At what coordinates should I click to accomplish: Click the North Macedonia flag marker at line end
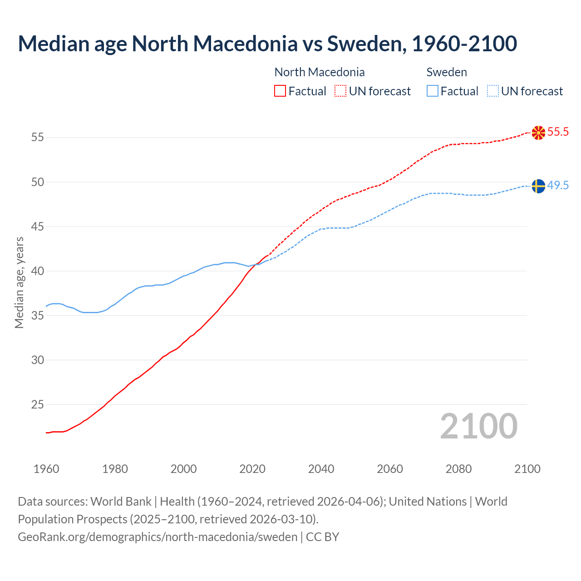click(538, 133)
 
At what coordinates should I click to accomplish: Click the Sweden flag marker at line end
click(538, 186)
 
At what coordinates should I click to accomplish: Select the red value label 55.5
click(558, 132)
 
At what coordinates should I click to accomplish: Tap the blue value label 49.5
click(558, 186)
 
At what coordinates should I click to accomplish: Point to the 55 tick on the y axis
click(38, 137)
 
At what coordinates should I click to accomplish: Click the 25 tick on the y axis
click(38, 404)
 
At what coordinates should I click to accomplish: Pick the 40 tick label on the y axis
click(38, 271)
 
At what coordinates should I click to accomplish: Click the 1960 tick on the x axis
click(46, 469)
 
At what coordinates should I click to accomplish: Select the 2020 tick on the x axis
click(252, 469)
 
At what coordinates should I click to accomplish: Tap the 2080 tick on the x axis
click(458, 469)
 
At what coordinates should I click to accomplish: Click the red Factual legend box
click(280, 91)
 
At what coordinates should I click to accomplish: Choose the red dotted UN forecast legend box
click(340, 91)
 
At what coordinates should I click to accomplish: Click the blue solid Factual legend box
click(433, 91)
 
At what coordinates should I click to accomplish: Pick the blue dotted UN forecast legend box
click(493, 91)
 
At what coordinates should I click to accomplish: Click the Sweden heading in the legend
click(447, 72)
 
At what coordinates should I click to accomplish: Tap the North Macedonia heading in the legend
click(320, 72)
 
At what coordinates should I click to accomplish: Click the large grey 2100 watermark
click(478, 426)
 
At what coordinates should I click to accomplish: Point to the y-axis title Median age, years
click(19, 282)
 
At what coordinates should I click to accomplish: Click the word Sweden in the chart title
click(366, 44)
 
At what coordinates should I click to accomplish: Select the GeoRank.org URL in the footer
click(158, 537)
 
